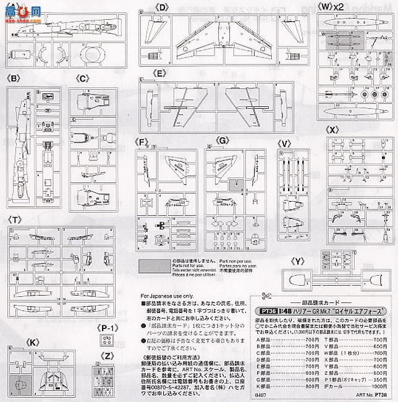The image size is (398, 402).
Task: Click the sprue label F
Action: point(143,142)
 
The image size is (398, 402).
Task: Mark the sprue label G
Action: point(223,142)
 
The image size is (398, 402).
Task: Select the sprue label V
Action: point(285,142)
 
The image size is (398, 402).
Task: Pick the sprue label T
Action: point(13,220)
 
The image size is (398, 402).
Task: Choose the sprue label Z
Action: point(108,356)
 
